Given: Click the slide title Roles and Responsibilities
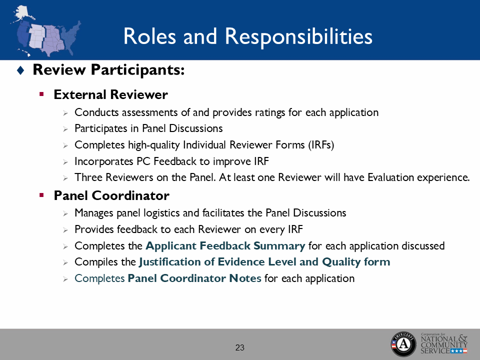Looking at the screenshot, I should [x=247, y=36].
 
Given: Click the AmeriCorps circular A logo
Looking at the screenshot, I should [x=403, y=343].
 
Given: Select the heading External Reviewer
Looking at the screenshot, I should [x=110, y=94].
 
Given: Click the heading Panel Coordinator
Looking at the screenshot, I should [x=111, y=195].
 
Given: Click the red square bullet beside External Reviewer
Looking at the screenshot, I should [x=42, y=94].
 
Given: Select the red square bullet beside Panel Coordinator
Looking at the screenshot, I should [x=42, y=194].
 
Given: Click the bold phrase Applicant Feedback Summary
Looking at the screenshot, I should [x=225, y=246].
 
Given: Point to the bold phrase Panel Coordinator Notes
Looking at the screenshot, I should [x=194, y=278].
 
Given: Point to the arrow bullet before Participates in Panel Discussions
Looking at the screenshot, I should [x=65, y=129].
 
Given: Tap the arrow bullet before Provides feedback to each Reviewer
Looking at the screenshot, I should [x=65, y=230].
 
